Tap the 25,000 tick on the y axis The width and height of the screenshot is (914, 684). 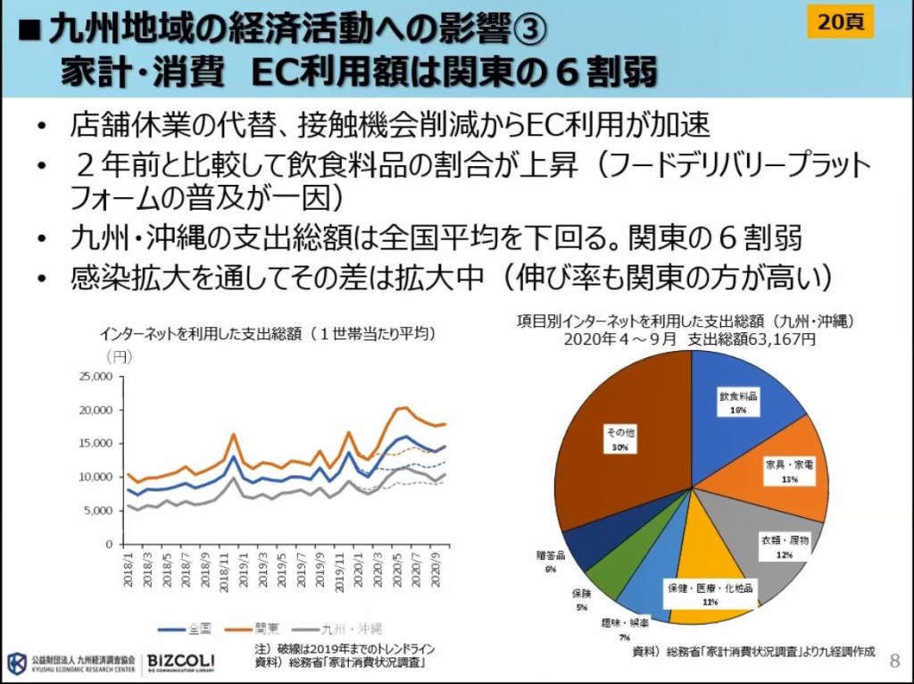[x=93, y=377]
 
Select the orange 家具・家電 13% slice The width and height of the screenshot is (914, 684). [x=785, y=473]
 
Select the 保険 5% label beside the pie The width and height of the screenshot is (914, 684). [x=580, y=599]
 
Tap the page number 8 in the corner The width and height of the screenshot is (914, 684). [x=895, y=660]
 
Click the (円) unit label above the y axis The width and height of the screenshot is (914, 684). [x=118, y=356]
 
